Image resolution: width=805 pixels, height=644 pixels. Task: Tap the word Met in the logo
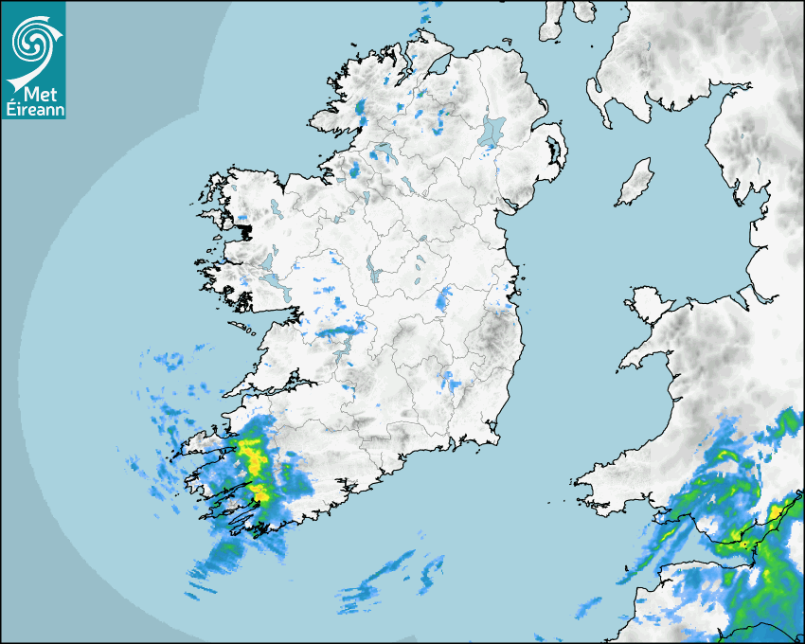36,95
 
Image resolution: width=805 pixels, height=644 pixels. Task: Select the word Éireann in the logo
33,109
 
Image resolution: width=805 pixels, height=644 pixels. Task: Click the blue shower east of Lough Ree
443,302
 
